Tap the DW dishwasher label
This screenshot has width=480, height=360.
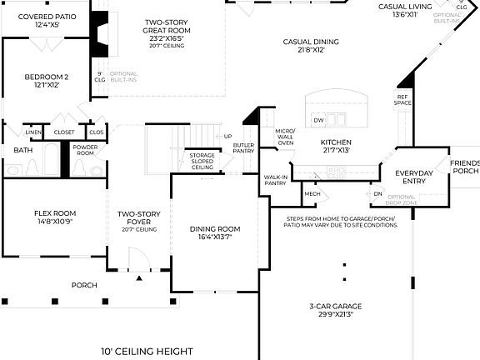[x=318, y=121]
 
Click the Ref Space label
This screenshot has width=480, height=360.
[x=403, y=100]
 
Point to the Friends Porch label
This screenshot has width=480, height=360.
[x=465, y=167]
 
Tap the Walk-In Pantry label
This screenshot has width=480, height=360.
[x=275, y=180]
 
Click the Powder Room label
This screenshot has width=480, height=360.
[x=86, y=150]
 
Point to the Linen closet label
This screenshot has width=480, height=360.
[x=33, y=132]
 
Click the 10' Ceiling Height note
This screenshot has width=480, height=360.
[x=147, y=351]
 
